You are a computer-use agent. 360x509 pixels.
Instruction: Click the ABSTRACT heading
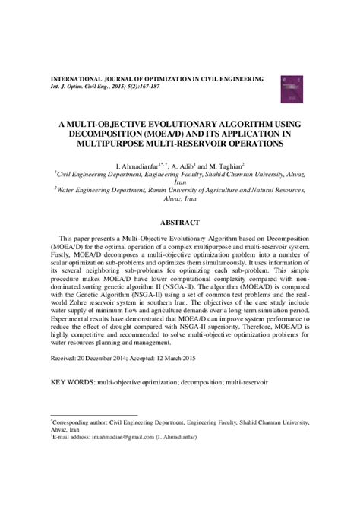click(x=181, y=223)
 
